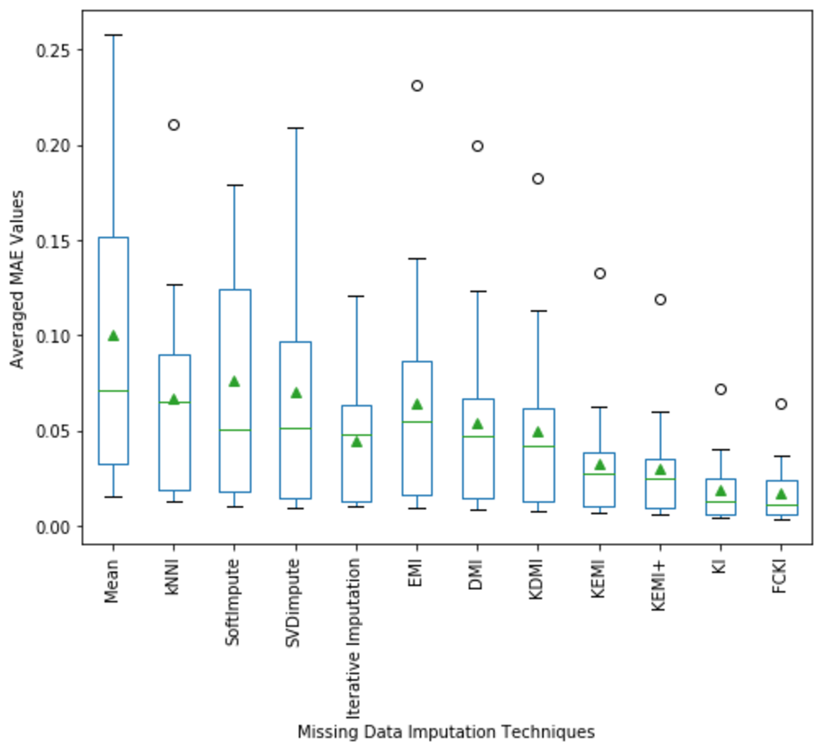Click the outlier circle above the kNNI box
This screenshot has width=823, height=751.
point(174,125)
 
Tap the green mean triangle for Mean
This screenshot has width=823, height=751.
point(114,335)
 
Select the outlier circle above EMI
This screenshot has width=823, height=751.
point(417,86)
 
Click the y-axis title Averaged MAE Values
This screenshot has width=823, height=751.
point(18,280)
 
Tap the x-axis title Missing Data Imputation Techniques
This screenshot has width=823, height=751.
point(446,733)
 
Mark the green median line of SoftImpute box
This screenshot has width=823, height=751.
point(235,430)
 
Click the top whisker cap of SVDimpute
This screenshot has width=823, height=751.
point(295,129)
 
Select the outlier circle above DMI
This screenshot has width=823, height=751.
point(477,146)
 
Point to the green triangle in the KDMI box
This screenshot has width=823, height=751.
point(538,432)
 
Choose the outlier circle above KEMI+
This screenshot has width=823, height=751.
point(660,300)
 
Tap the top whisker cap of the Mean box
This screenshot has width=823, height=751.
point(114,35)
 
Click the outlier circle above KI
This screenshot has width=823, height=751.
point(720,389)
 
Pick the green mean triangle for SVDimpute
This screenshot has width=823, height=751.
point(295,393)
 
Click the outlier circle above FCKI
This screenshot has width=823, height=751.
point(780,404)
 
